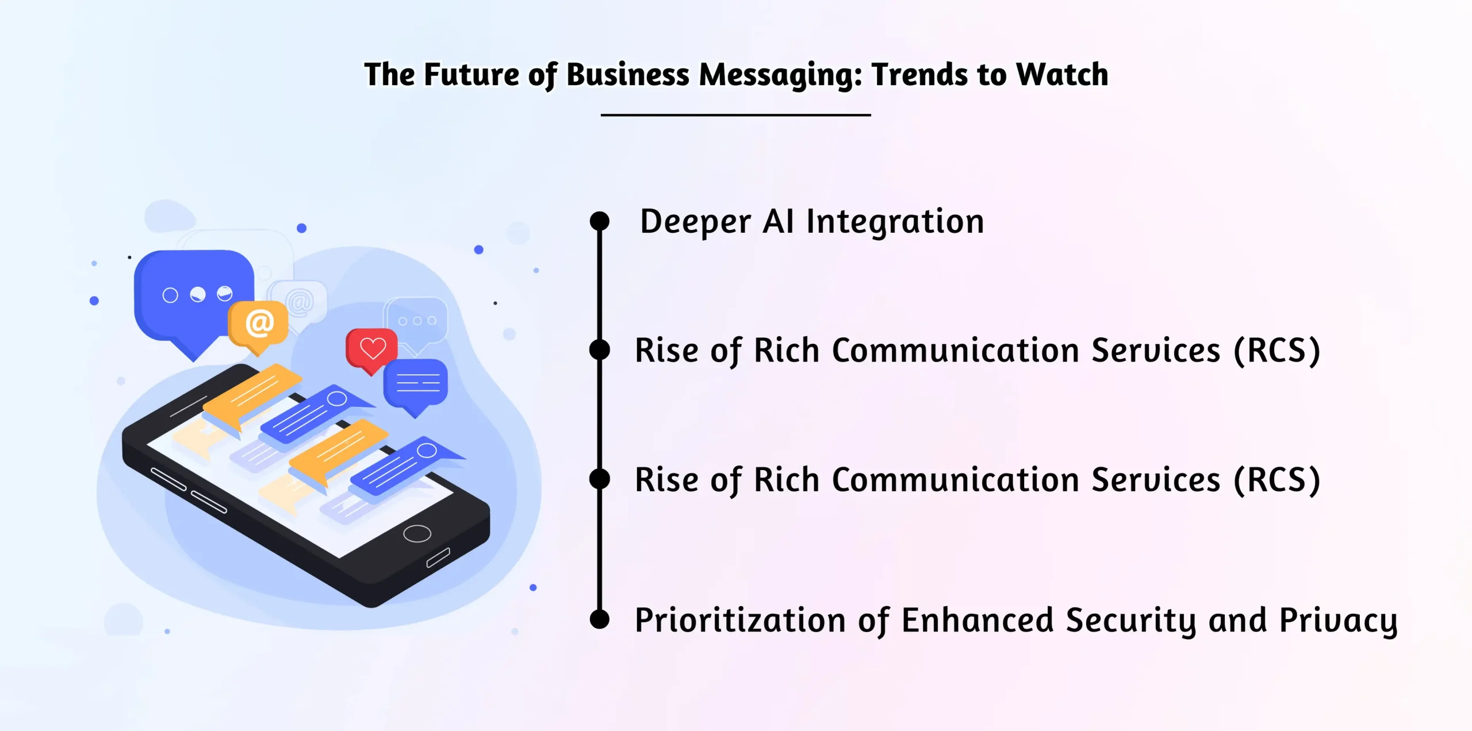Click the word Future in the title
click(x=471, y=74)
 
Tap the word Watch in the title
click(x=1062, y=74)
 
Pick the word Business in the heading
click(x=628, y=74)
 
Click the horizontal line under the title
click(x=736, y=115)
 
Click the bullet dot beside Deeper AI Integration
click(x=600, y=221)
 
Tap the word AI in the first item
click(x=779, y=221)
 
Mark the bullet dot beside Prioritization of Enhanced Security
click(x=600, y=619)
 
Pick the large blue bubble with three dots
click(x=194, y=302)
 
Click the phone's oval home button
click(x=417, y=533)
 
